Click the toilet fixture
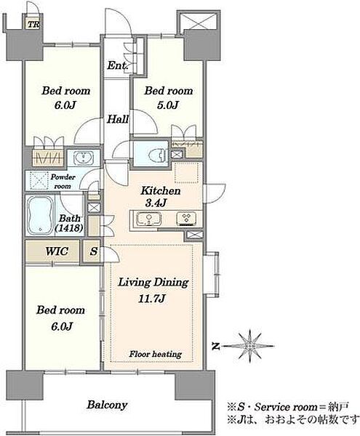click(x=156, y=154)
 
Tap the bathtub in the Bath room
click(x=40, y=215)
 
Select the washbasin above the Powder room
click(x=84, y=158)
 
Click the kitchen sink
click(x=148, y=218)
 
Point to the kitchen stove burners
click(x=187, y=218)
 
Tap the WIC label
click(x=57, y=251)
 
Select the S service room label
click(x=94, y=251)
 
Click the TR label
click(x=33, y=25)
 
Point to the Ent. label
click(x=117, y=66)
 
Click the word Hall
click(x=118, y=120)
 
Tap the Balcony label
click(x=107, y=405)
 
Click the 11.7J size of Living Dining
click(x=152, y=299)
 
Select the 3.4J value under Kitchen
click(x=156, y=203)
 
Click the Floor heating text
click(x=155, y=354)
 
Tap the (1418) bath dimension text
click(x=69, y=228)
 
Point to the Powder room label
click(x=63, y=181)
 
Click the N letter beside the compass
click(x=215, y=347)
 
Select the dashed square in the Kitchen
click(x=186, y=173)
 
